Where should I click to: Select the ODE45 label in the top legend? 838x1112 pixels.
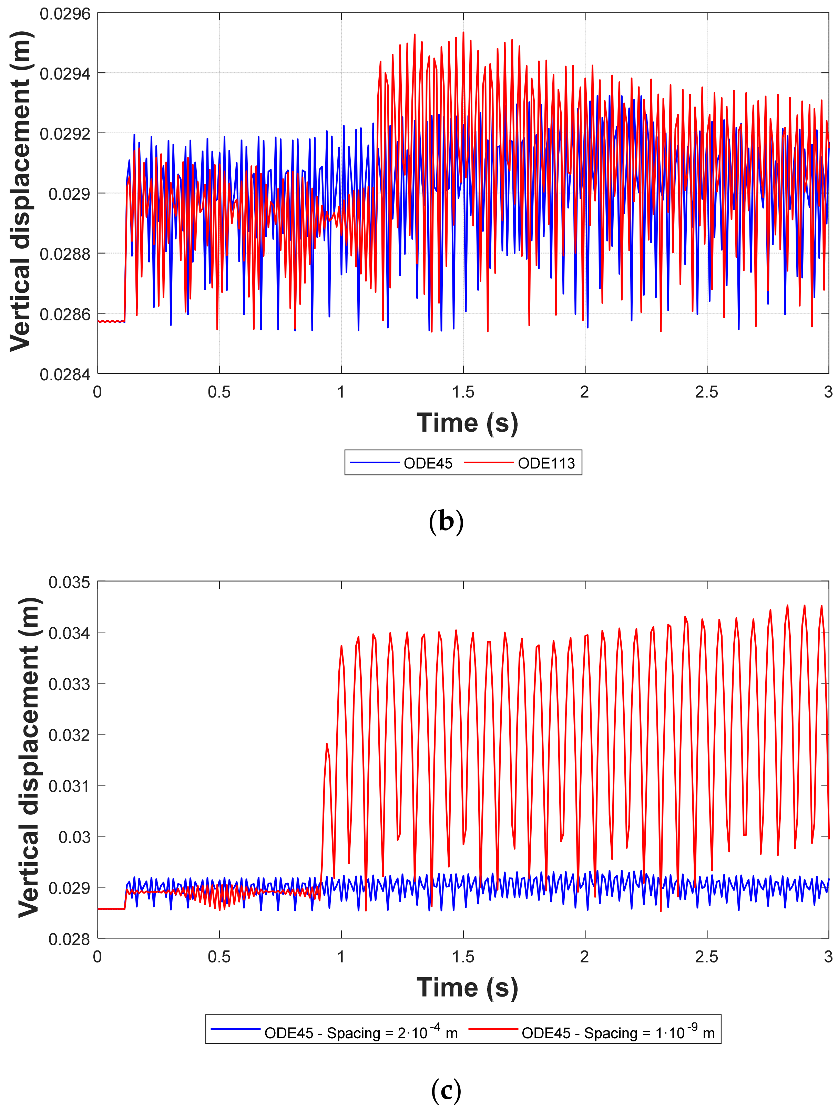[428, 463]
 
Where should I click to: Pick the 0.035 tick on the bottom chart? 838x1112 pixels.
[69, 582]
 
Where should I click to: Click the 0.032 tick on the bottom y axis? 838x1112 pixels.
[69, 735]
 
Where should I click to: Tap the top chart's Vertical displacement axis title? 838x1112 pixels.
[21, 191]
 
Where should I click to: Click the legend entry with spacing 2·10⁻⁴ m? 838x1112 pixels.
[361, 1033]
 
